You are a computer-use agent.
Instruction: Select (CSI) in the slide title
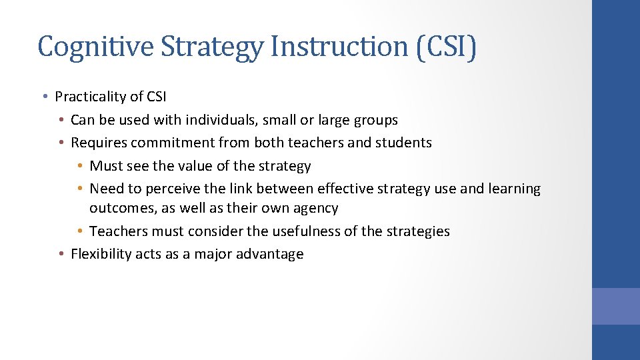coord(446,47)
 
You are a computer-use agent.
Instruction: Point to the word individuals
coord(224,120)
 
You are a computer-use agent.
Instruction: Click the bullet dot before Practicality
coord(43,97)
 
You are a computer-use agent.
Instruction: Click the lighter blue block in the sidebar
coord(615,306)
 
